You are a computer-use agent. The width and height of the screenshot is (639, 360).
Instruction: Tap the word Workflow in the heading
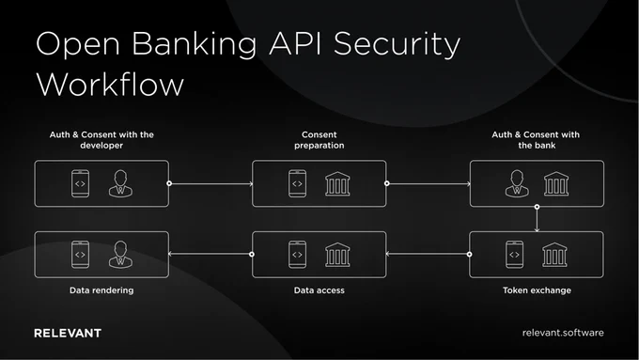point(110,85)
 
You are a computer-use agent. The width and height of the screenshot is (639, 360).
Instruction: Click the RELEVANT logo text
point(68,333)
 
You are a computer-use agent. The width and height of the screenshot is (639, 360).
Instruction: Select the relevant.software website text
point(563,333)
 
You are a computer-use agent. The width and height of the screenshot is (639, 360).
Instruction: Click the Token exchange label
point(537,290)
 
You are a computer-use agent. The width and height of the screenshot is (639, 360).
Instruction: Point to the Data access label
point(319,290)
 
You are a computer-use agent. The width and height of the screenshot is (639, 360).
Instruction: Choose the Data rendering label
point(101,290)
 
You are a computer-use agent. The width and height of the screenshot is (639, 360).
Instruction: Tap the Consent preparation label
point(319,140)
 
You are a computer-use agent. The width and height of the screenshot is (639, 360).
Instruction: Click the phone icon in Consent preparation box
point(298,183)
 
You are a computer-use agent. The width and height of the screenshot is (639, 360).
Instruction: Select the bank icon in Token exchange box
point(554,255)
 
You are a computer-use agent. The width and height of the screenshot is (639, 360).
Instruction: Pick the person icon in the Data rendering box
point(120,255)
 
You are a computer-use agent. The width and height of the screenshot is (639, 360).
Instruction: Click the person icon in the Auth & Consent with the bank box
point(517,183)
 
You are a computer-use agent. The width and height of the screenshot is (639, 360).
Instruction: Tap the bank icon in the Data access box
point(337,255)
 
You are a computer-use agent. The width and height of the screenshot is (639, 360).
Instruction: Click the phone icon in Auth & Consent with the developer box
point(80,183)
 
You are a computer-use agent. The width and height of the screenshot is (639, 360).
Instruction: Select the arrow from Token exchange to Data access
point(428,254)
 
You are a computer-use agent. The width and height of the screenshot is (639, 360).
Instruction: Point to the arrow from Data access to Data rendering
point(210,254)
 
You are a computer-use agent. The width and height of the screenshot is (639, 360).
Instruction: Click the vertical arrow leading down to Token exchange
point(537,219)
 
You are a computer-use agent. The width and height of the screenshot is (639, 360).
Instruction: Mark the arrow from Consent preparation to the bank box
point(428,183)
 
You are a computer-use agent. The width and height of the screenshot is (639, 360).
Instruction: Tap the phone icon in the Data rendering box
point(80,255)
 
